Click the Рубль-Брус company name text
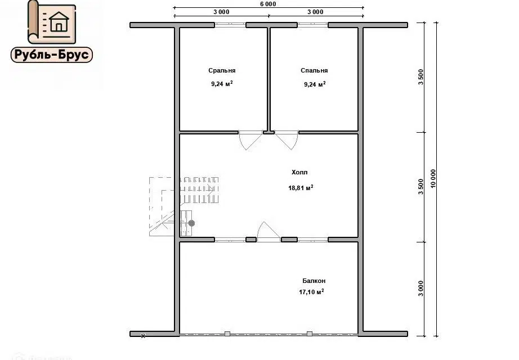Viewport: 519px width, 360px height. pyautogui.click(x=52, y=55)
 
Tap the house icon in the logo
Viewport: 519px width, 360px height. pyautogui.click(x=59, y=21)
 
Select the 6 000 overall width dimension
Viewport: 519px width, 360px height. pyautogui.click(x=268, y=4)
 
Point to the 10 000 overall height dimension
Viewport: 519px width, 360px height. pyautogui.click(x=433, y=179)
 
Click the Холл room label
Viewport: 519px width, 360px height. pyautogui.click(x=299, y=172)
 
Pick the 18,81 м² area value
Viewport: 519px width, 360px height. pyautogui.click(x=301, y=188)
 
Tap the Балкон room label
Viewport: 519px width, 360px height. pyautogui.click(x=314, y=281)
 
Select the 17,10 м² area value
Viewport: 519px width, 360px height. pyautogui.click(x=311, y=292)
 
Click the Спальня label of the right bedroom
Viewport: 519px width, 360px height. pyautogui.click(x=314, y=70)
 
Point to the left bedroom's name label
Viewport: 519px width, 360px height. pyautogui.click(x=222, y=70)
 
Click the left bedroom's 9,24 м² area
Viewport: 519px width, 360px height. pyautogui.click(x=222, y=84)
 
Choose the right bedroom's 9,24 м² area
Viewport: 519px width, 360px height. pyautogui.click(x=315, y=84)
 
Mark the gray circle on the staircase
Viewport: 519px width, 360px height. pyautogui.click(x=191, y=223)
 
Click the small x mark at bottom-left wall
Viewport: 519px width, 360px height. pyautogui.click(x=143, y=336)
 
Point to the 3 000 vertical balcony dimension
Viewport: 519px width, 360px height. pyautogui.click(x=420, y=288)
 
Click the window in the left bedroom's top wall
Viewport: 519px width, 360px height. pyautogui.click(x=230, y=25)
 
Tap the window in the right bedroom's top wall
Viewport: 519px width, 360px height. pyautogui.click(x=313, y=25)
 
